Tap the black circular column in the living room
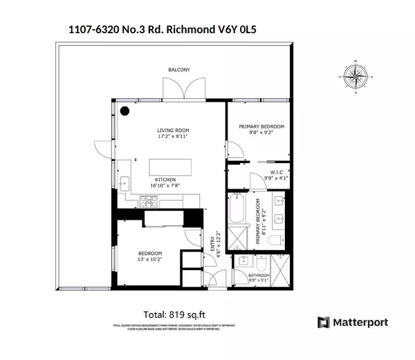[x=126, y=111]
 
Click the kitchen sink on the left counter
[x=125, y=184]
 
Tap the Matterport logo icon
[x=322, y=323]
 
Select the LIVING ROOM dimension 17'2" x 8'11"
[x=173, y=137]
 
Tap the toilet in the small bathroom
[x=261, y=263]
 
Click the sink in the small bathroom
[x=244, y=261]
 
